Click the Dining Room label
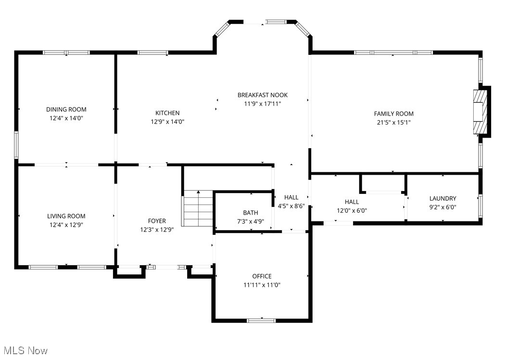pyautogui.click(x=66, y=109)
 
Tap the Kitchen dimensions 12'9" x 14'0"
pyautogui.click(x=167, y=122)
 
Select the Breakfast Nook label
pyautogui.click(x=263, y=95)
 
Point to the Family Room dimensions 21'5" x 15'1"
pyautogui.click(x=393, y=122)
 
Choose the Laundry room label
pyautogui.click(x=442, y=198)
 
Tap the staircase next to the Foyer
pyautogui.click(x=198, y=208)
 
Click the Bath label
pyautogui.click(x=250, y=212)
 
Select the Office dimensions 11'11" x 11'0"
pyautogui.click(x=262, y=285)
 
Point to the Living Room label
pyautogui.click(x=66, y=216)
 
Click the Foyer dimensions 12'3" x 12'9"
pyautogui.click(x=157, y=230)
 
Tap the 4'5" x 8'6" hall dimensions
pyautogui.click(x=291, y=206)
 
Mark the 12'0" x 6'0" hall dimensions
pyautogui.click(x=352, y=210)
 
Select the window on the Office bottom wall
pyautogui.click(x=261, y=320)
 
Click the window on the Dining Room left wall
pyautogui.click(x=16, y=145)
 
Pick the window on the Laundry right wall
pyautogui.click(x=480, y=204)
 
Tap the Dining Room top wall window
pyautogui.click(x=66, y=52)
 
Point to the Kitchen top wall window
pyautogui.click(x=152, y=52)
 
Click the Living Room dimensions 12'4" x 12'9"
pyautogui.click(x=66, y=225)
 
